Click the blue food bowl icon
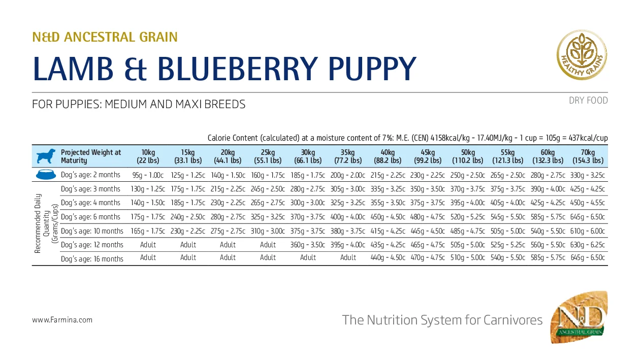point(46,175)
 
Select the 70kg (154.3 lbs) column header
point(588,156)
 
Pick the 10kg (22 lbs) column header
point(148,156)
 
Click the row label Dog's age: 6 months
point(90,217)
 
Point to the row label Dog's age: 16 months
point(91,258)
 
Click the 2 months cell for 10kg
point(148,175)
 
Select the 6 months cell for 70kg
point(588,217)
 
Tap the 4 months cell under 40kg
point(388,203)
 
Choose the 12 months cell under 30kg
point(308,245)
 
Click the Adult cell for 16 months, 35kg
point(348,258)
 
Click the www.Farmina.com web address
point(62,320)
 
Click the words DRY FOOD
point(588,101)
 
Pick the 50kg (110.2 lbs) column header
point(468,156)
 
